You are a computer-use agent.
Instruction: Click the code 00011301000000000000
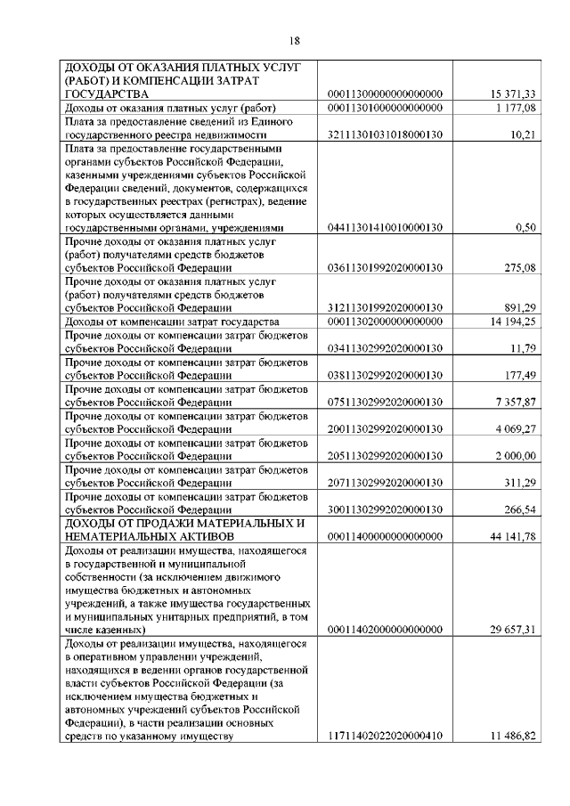pyautogui.click(x=386, y=108)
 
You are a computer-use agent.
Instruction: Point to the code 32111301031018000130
pyautogui.click(x=386, y=134)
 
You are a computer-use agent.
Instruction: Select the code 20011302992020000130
pyautogui.click(x=386, y=427)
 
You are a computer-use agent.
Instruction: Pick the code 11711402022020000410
pyautogui.click(x=386, y=736)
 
